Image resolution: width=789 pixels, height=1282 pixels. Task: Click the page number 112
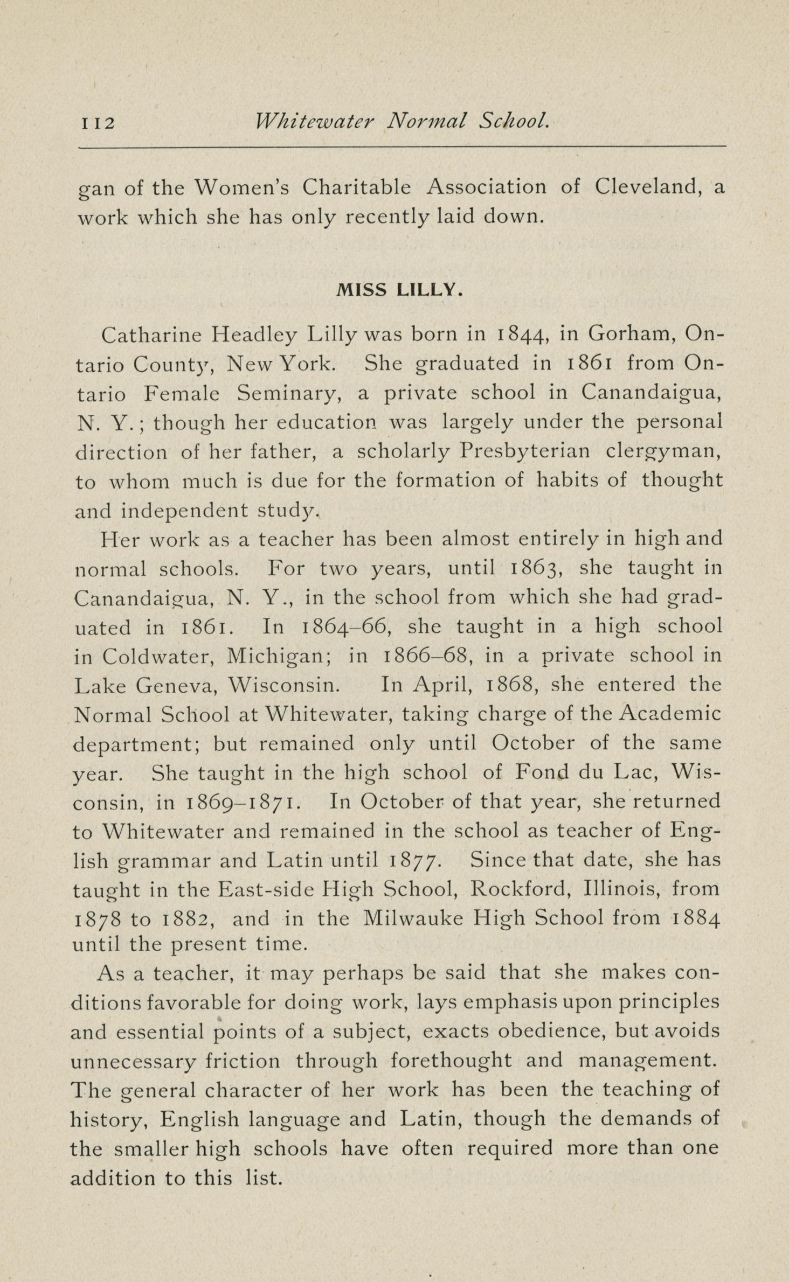click(x=98, y=123)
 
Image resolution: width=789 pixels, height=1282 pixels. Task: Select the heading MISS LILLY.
click(x=399, y=291)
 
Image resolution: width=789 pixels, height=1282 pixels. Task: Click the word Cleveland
click(x=647, y=187)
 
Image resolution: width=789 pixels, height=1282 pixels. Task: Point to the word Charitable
click(x=356, y=187)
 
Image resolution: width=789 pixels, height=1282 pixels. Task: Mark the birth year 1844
click(x=520, y=335)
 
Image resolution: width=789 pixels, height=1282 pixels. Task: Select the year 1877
click(x=416, y=861)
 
